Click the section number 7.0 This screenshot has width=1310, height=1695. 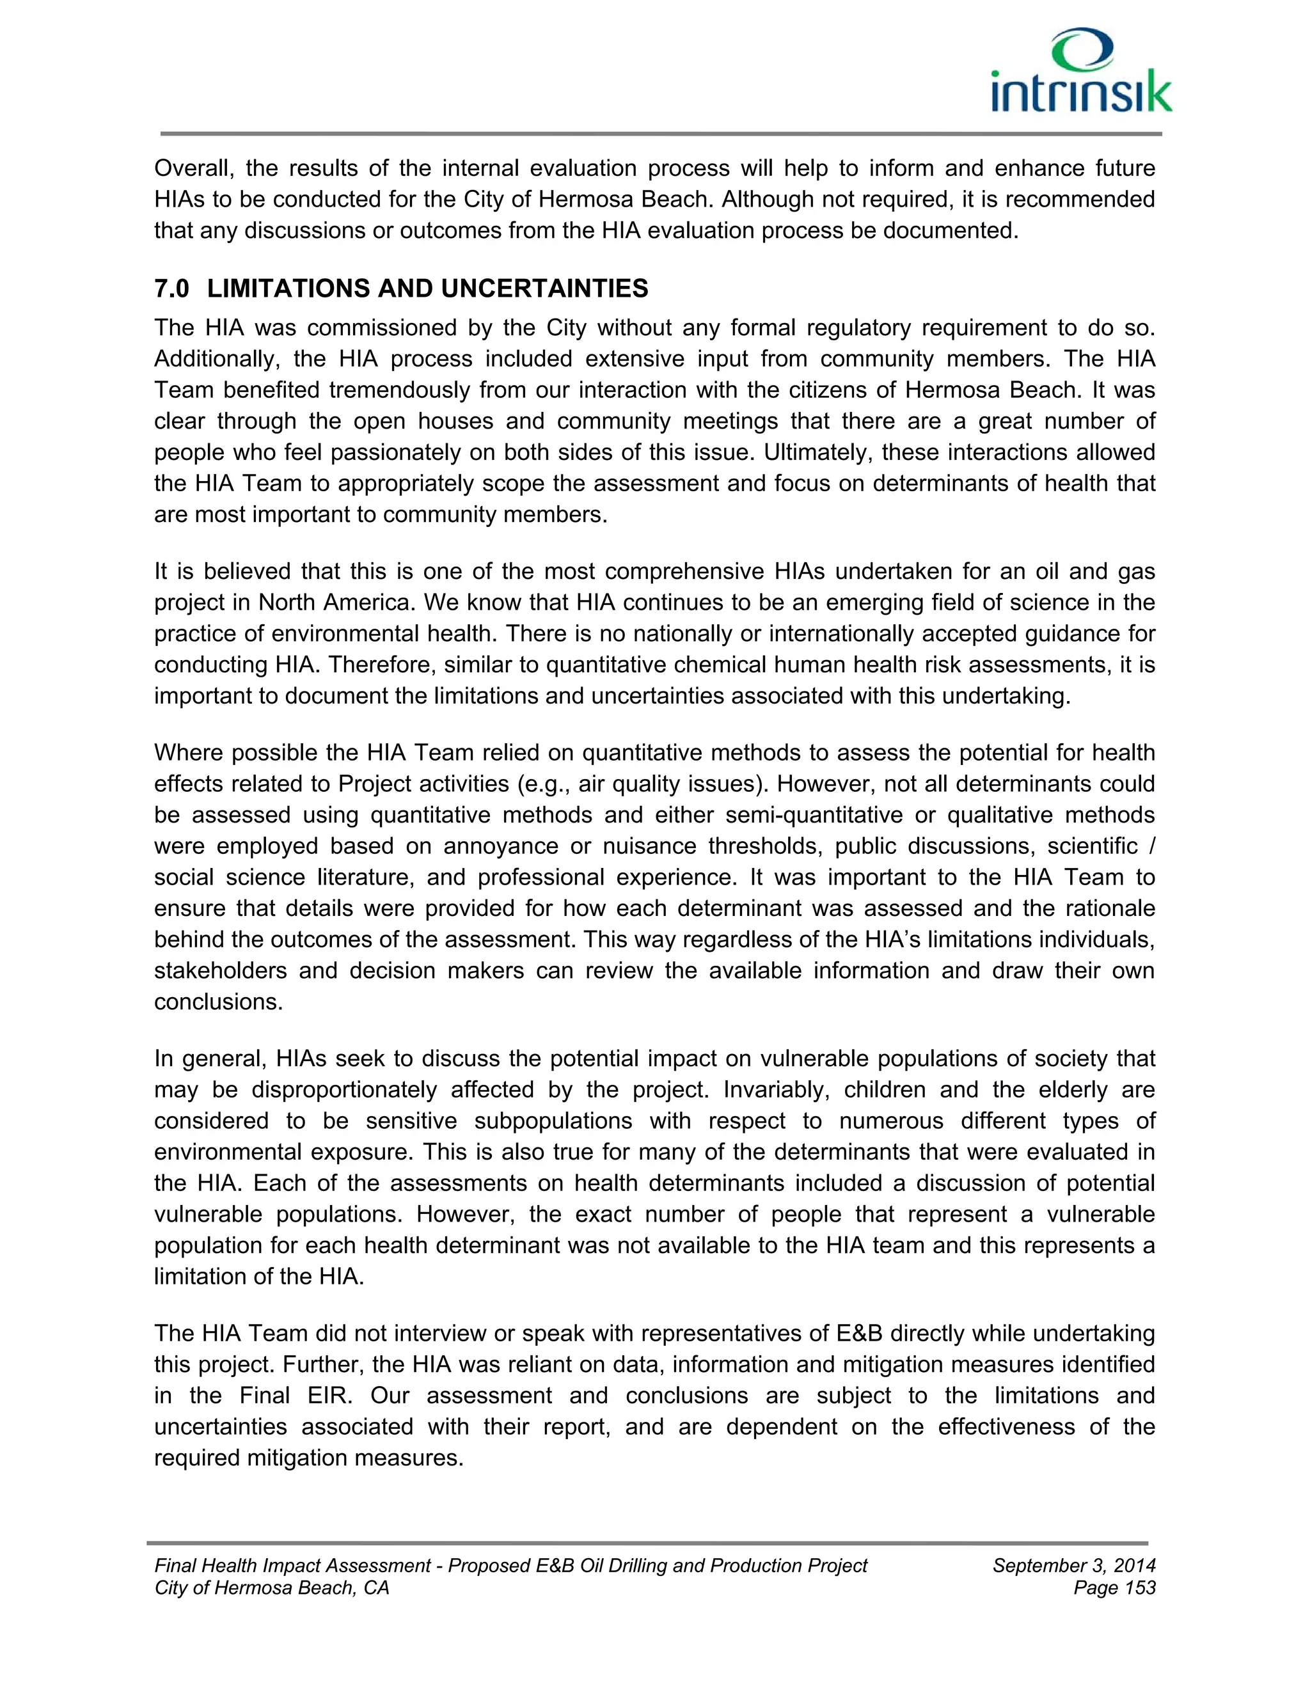pos(171,288)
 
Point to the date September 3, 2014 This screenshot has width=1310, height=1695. pos(1073,1565)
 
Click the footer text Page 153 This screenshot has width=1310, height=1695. pos(1114,1588)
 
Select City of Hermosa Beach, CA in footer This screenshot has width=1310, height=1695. pos(272,1588)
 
